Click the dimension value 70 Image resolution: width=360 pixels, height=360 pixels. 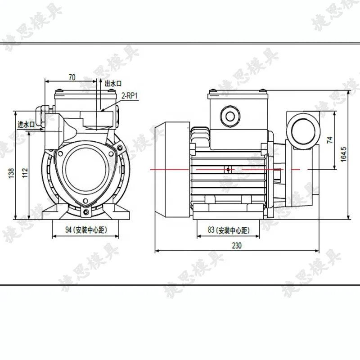[x=72, y=77]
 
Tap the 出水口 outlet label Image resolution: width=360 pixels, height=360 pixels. [x=113, y=83]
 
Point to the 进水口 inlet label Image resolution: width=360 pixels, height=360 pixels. [x=26, y=124]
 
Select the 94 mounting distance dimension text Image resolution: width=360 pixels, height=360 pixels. [x=85, y=230]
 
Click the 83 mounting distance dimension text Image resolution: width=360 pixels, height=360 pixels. [x=228, y=230]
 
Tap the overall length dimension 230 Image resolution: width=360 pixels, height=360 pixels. [x=237, y=245]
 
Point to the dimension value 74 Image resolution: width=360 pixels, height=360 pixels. [x=330, y=139]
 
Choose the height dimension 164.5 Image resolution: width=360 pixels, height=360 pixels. [x=344, y=154]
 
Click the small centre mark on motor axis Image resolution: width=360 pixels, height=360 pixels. [x=228, y=170]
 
